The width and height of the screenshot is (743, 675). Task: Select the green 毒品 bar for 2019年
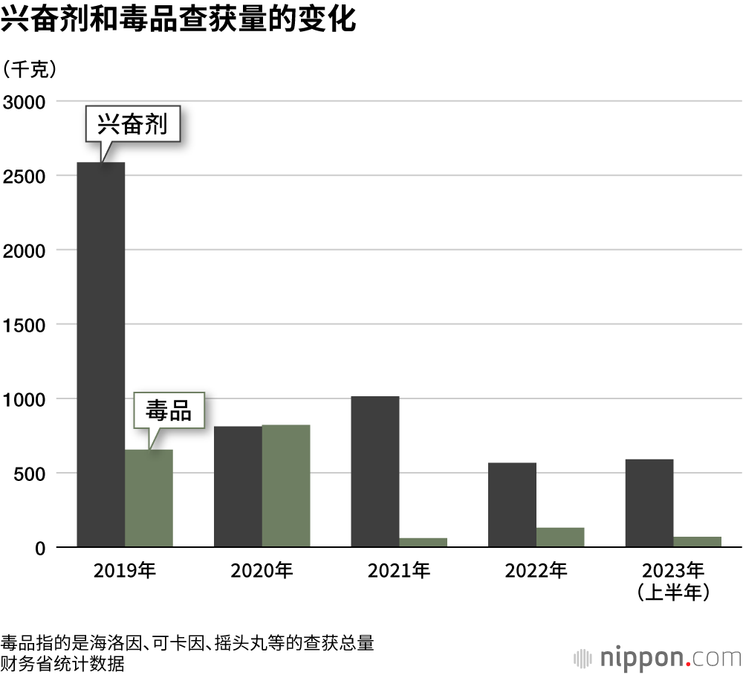149,498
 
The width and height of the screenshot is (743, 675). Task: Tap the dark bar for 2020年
238,487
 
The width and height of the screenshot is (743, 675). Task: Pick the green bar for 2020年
286,486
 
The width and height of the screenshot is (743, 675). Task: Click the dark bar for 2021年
375,472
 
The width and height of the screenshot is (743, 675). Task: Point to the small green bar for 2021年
424,543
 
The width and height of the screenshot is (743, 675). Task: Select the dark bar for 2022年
512,505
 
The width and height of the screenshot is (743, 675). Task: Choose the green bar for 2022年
560,537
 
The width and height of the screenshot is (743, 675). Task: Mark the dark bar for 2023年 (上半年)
649,503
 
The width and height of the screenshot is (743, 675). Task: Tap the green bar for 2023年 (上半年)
698,542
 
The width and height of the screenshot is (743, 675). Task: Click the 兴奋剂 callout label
133,125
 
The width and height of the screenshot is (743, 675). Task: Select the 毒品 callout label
168,410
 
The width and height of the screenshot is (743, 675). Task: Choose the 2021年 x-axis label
399,571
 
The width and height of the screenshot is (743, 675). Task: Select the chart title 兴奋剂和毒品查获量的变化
178,20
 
